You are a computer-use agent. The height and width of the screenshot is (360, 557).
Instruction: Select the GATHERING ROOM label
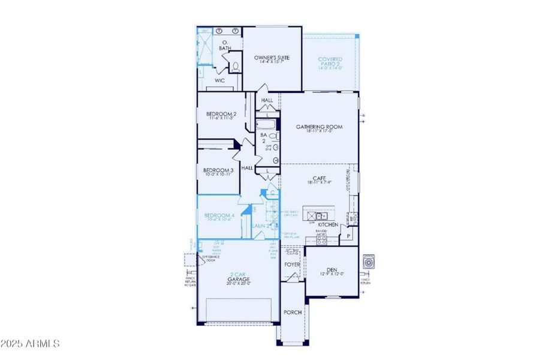tap(320, 127)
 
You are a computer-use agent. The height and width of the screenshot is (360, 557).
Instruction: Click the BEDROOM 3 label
tap(217, 171)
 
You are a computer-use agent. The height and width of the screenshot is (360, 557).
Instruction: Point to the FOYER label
tap(292, 263)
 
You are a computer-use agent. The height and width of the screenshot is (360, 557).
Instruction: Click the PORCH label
tap(293, 312)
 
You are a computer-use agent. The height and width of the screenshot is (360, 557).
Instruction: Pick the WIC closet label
tap(219, 80)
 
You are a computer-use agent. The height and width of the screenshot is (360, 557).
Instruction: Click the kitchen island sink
tap(322, 216)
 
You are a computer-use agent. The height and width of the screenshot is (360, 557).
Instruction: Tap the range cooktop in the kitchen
tap(321, 239)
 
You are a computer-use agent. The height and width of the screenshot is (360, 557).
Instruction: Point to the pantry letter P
tap(348, 236)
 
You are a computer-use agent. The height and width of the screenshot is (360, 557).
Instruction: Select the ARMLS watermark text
tap(30, 344)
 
